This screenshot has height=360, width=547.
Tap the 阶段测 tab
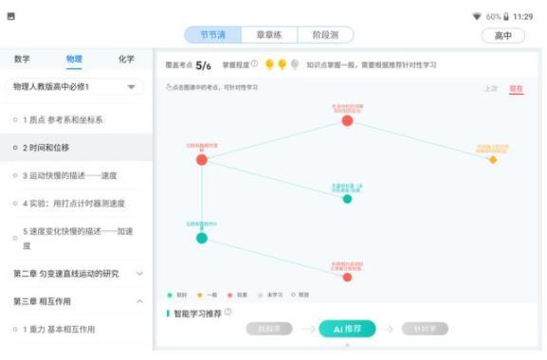(x=325, y=35)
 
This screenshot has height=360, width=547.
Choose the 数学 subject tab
(x=22, y=59)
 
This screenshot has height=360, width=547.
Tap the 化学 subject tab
(x=126, y=59)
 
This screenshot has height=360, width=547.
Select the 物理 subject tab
(x=74, y=59)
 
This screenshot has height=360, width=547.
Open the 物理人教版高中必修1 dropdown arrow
(x=131, y=87)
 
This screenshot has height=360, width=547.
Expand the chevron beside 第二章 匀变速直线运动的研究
(x=140, y=274)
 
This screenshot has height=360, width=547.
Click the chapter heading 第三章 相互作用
(x=44, y=301)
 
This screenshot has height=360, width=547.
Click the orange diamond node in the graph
(x=492, y=159)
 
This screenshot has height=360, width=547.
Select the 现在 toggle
(x=516, y=88)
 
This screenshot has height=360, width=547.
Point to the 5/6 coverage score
(x=203, y=65)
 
